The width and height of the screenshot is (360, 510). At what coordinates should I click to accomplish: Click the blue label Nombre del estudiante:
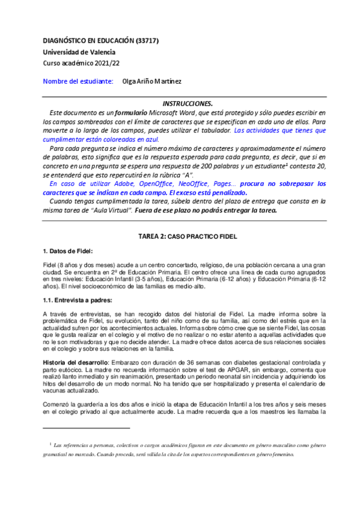[x=78, y=81]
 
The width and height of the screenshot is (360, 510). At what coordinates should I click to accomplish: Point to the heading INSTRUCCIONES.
[x=188, y=103]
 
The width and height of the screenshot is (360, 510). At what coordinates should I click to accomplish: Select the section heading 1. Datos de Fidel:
[x=68, y=251]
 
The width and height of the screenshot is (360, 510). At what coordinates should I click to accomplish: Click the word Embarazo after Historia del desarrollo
[x=130, y=363]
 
